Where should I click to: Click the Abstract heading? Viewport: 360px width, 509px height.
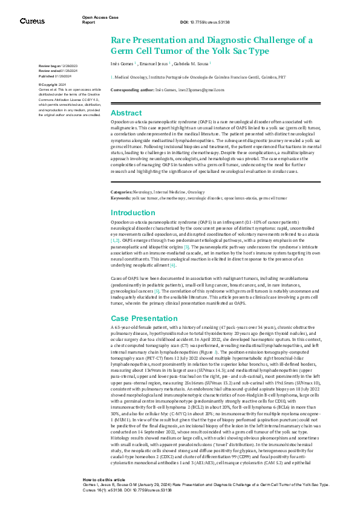point(126,113)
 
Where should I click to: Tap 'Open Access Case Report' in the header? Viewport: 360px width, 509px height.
point(100,20)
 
